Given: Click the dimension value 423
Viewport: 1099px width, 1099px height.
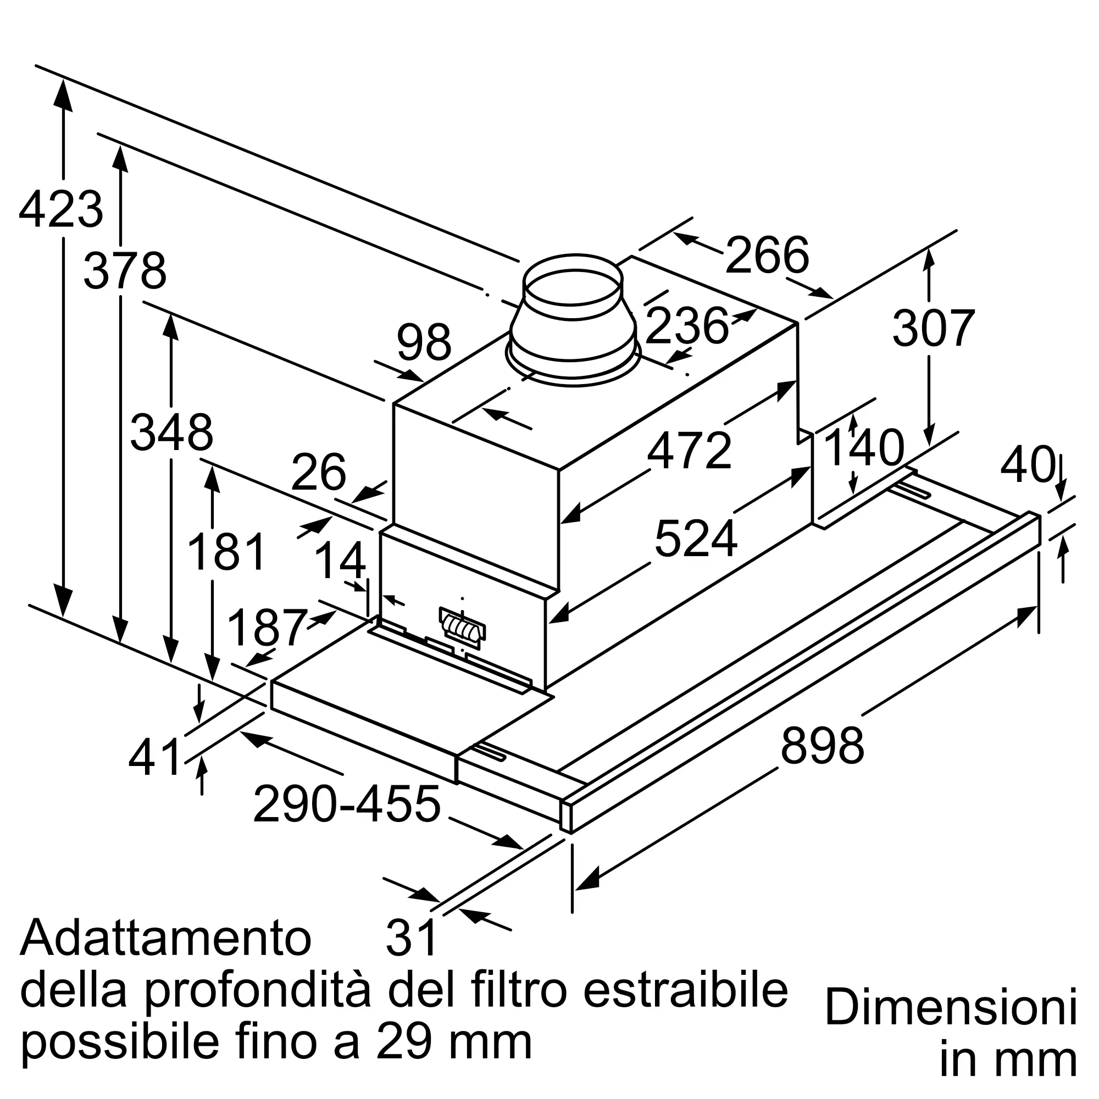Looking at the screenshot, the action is coord(61,210).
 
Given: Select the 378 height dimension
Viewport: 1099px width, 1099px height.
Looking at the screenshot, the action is coord(125,271).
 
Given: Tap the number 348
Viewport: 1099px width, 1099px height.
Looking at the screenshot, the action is coord(172,433).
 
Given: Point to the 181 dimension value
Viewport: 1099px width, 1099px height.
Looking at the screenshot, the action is coord(226,552).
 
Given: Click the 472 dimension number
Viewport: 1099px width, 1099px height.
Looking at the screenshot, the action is coord(690,451).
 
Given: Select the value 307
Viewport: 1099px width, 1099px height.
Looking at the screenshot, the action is coord(934,328).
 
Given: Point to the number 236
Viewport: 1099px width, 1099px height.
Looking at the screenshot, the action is coord(687,326).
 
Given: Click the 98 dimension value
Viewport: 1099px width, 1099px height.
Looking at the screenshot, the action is coord(424,342).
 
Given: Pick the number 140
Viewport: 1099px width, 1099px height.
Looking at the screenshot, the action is coord(863,448).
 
